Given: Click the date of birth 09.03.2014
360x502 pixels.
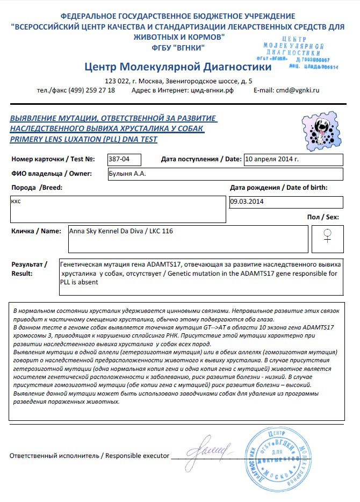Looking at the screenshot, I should pyautogui.click(x=248, y=202).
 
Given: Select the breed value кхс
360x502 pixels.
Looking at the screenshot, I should pyautogui.click(x=17, y=200).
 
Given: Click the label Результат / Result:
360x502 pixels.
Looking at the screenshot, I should pyautogui.click(x=29, y=269).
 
